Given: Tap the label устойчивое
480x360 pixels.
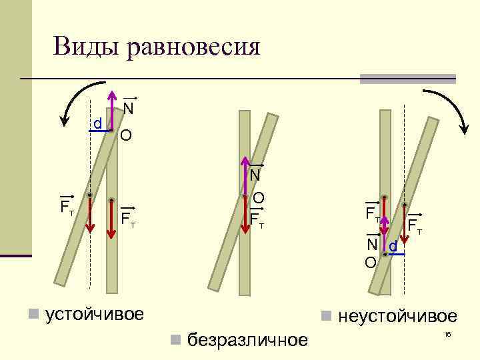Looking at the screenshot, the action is [x=94, y=313].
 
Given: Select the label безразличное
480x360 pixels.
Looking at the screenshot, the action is [x=248, y=340].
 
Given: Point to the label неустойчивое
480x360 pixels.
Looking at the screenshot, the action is [x=397, y=316].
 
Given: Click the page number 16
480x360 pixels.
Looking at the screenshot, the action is [x=447, y=335].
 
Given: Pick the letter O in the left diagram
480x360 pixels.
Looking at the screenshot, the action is [x=125, y=136].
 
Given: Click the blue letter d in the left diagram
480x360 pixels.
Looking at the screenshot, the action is [x=97, y=124].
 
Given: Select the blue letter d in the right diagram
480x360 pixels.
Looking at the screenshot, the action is [x=393, y=247].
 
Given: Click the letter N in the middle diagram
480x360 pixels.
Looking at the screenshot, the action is [x=255, y=175].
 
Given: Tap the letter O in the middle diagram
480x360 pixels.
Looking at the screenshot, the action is [x=259, y=198].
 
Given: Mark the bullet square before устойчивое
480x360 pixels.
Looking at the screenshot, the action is [x=32, y=314].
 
